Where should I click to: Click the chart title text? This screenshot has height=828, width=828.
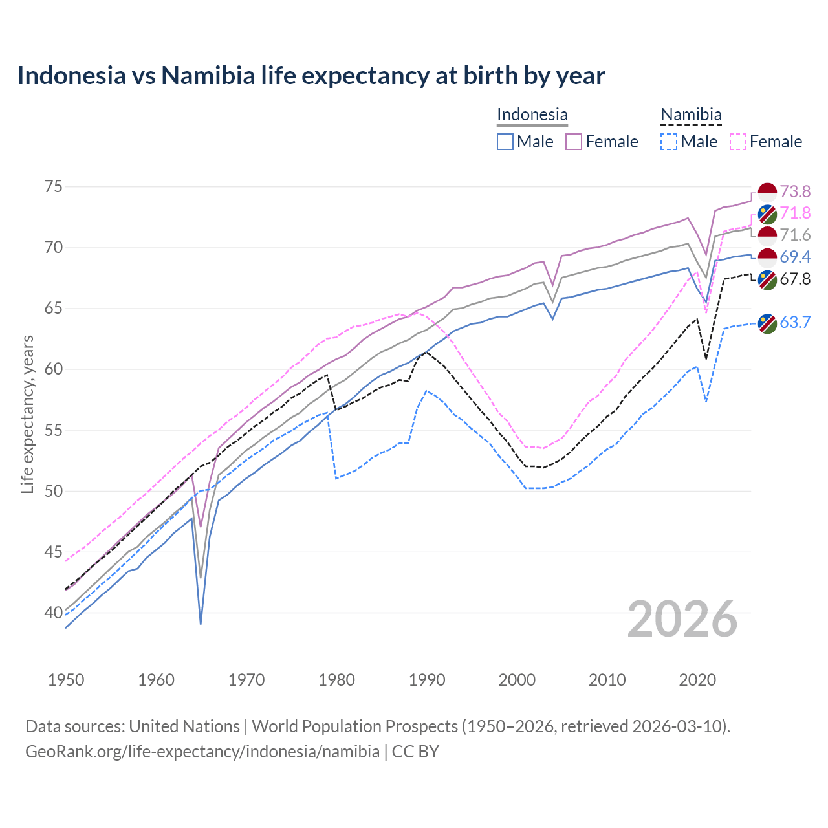click(x=310, y=76)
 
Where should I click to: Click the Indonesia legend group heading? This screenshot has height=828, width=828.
click(x=532, y=114)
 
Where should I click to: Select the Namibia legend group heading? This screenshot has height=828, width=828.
click(x=690, y=114)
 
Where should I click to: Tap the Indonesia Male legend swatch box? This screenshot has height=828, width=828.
click(x=505, y=142)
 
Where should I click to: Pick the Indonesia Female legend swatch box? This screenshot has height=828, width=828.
click(x=574, y=142)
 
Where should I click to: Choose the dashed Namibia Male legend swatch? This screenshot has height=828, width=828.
click(x=669, y=142)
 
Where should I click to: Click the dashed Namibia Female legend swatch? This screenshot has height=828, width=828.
click(x=737, y=142)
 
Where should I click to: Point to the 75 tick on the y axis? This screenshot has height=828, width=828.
click(x=54, y=187)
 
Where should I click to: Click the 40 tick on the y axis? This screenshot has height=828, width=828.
click(x=54, y=613)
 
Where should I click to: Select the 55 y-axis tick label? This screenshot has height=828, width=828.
click(x=54, y=430)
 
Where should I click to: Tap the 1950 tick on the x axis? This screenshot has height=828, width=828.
click(x=66, y=680)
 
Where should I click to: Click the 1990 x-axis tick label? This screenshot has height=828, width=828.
click(x=427, y=680)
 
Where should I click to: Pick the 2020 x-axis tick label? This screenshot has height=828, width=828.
click(x=697, y=680)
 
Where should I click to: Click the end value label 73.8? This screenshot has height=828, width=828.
click(x=795, y=191)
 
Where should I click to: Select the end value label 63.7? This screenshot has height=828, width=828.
click(x=795, y=322)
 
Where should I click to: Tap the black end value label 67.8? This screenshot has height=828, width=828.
click(x=795, y=279)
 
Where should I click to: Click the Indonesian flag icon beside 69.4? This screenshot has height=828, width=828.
click(x=767, y=257)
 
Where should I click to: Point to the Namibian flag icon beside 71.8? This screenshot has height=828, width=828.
click(x=767, y=214)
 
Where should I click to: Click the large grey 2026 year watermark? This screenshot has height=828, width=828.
click(x=682, y=619)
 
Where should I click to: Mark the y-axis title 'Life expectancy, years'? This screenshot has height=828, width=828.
click(x=28, y=414)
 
